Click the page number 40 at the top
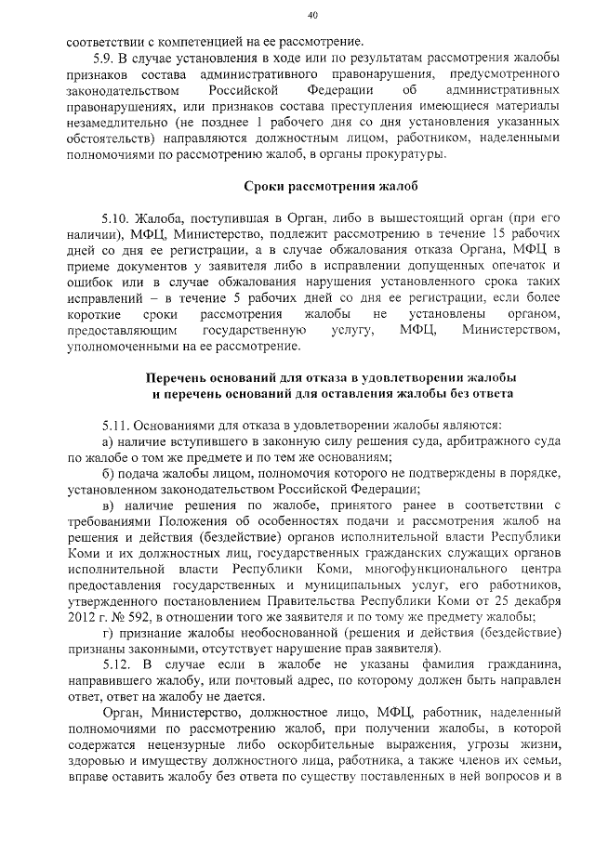point(312,15)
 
